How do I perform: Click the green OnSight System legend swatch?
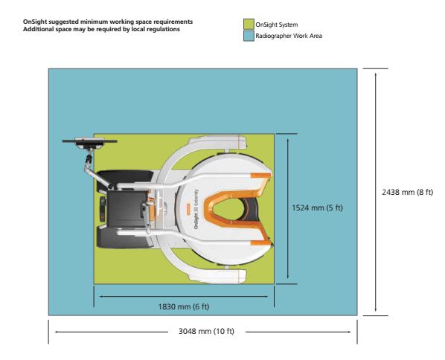(x=249, y=25)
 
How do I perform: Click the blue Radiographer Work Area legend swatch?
(x=249, y=36)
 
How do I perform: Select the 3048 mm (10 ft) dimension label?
(x=206, y=331)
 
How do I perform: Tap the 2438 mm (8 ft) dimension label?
(x=408, y=193)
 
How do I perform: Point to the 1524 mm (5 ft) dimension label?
(x=317, y=208)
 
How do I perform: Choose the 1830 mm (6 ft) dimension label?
(x=184, y=306)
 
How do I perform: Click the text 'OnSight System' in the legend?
(x=277, y=25)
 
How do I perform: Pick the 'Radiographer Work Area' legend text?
(x=289, y=36)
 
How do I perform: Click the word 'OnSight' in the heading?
(x=35, y=22)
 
